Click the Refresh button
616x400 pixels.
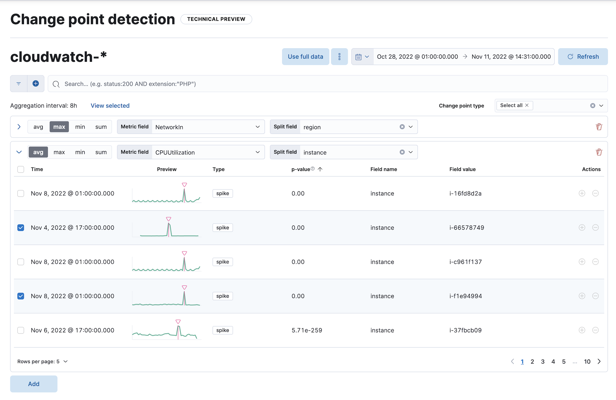pyautogui.click(x=583, y=57)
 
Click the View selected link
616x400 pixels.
pyautogui.click(x=110, y=106)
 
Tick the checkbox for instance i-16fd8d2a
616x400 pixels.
pyautogui.click(x=21, y=193)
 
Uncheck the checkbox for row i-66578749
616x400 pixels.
pyautogui.click(x=21, y=228)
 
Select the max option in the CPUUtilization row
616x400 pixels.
pyautogui.click(x=59, y=152)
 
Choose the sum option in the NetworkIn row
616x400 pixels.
pyautogui.click(x=101, y=127)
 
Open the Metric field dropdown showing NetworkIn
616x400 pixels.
pyautogui.click(x=207, y=127)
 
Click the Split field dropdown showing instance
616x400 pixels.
pyautogui.click(x=350, y=152)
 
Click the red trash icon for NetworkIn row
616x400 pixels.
pyautogui.click(x=599, y=127)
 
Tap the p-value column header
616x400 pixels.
pyautogui.click(x=301, y=169)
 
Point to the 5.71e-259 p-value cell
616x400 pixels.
pyautogui.click(x=307, y=330)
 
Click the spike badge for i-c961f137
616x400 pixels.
pyautogui.click(x=222, y=262)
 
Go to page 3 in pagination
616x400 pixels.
pyautogui.click(x=543, y=362)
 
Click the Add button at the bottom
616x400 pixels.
pyautogui.click(x=34, y=384)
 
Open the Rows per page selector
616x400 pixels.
pyautogui.click(x=42, y=362)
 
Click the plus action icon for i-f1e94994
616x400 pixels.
pyautogui.click(x=582, y=296)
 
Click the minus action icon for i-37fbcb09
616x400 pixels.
pyautogui.click(x=595, y=330)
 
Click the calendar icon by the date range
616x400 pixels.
pyautogui.click(x=359, y=57)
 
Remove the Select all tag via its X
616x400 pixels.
pyautogui.click(x=527, y=105)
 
